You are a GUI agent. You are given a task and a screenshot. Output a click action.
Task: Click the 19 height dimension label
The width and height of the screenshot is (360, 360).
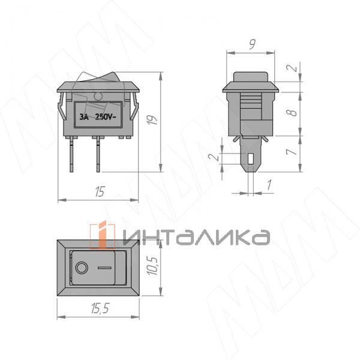pos(153,119)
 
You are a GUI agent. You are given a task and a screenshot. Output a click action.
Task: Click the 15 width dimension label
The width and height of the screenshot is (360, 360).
pos(100,191)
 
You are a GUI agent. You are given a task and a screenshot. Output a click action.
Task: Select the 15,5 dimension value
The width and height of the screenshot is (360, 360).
pos(100,308)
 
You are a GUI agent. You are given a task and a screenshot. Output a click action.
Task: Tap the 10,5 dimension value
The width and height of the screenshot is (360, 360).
pos(152,266)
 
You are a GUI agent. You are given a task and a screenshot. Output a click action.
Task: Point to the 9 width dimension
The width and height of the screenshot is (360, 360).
pos(252,44)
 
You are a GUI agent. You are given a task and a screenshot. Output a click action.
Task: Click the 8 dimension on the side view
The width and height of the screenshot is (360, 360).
pos(293,113)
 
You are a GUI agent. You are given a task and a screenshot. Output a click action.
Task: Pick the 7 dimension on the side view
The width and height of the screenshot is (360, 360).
pos(292,152)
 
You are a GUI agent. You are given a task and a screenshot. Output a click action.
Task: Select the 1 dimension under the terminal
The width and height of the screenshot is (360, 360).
pos(269,185)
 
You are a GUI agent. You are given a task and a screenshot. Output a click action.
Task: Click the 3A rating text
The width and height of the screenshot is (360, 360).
pos(84,117)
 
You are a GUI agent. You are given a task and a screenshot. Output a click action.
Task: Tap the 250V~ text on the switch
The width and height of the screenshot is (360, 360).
pos(106,117)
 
